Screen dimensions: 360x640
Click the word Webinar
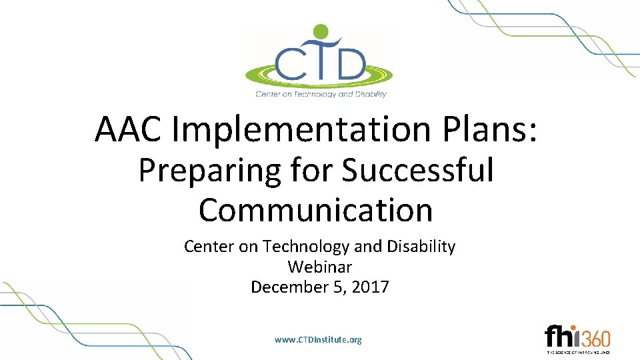pos(319,267)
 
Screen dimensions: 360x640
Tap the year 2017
pos(371,287)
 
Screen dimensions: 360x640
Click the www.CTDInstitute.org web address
pos(318,340)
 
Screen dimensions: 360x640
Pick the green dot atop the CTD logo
pos(321,31)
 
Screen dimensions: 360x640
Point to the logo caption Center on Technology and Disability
pos(321,94)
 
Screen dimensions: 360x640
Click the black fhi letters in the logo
pos(561,336)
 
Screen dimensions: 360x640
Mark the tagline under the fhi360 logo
pos(578,351)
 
